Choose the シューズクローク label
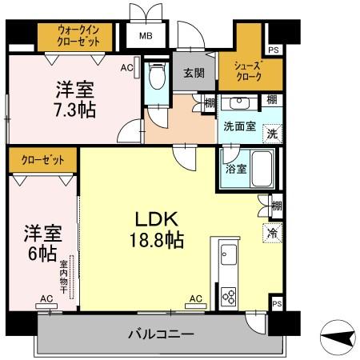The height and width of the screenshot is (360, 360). pos(248,70)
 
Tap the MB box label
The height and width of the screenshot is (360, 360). pos(147,36)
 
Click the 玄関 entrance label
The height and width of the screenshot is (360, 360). pos(193,74)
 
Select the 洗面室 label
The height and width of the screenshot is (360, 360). pos(239,126)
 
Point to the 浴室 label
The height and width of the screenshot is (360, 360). pos(234,170)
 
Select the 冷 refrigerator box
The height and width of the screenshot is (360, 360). pos(272,233)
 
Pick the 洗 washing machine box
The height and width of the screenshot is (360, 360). pos(272,133)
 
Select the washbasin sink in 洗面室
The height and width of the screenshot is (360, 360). pos(237,103)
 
